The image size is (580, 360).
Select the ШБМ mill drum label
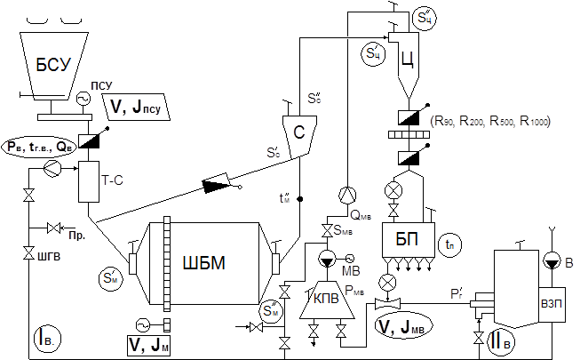coord(203,264)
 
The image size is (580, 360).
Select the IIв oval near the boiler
coord(499,340)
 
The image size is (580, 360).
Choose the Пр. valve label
coord(75,239)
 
